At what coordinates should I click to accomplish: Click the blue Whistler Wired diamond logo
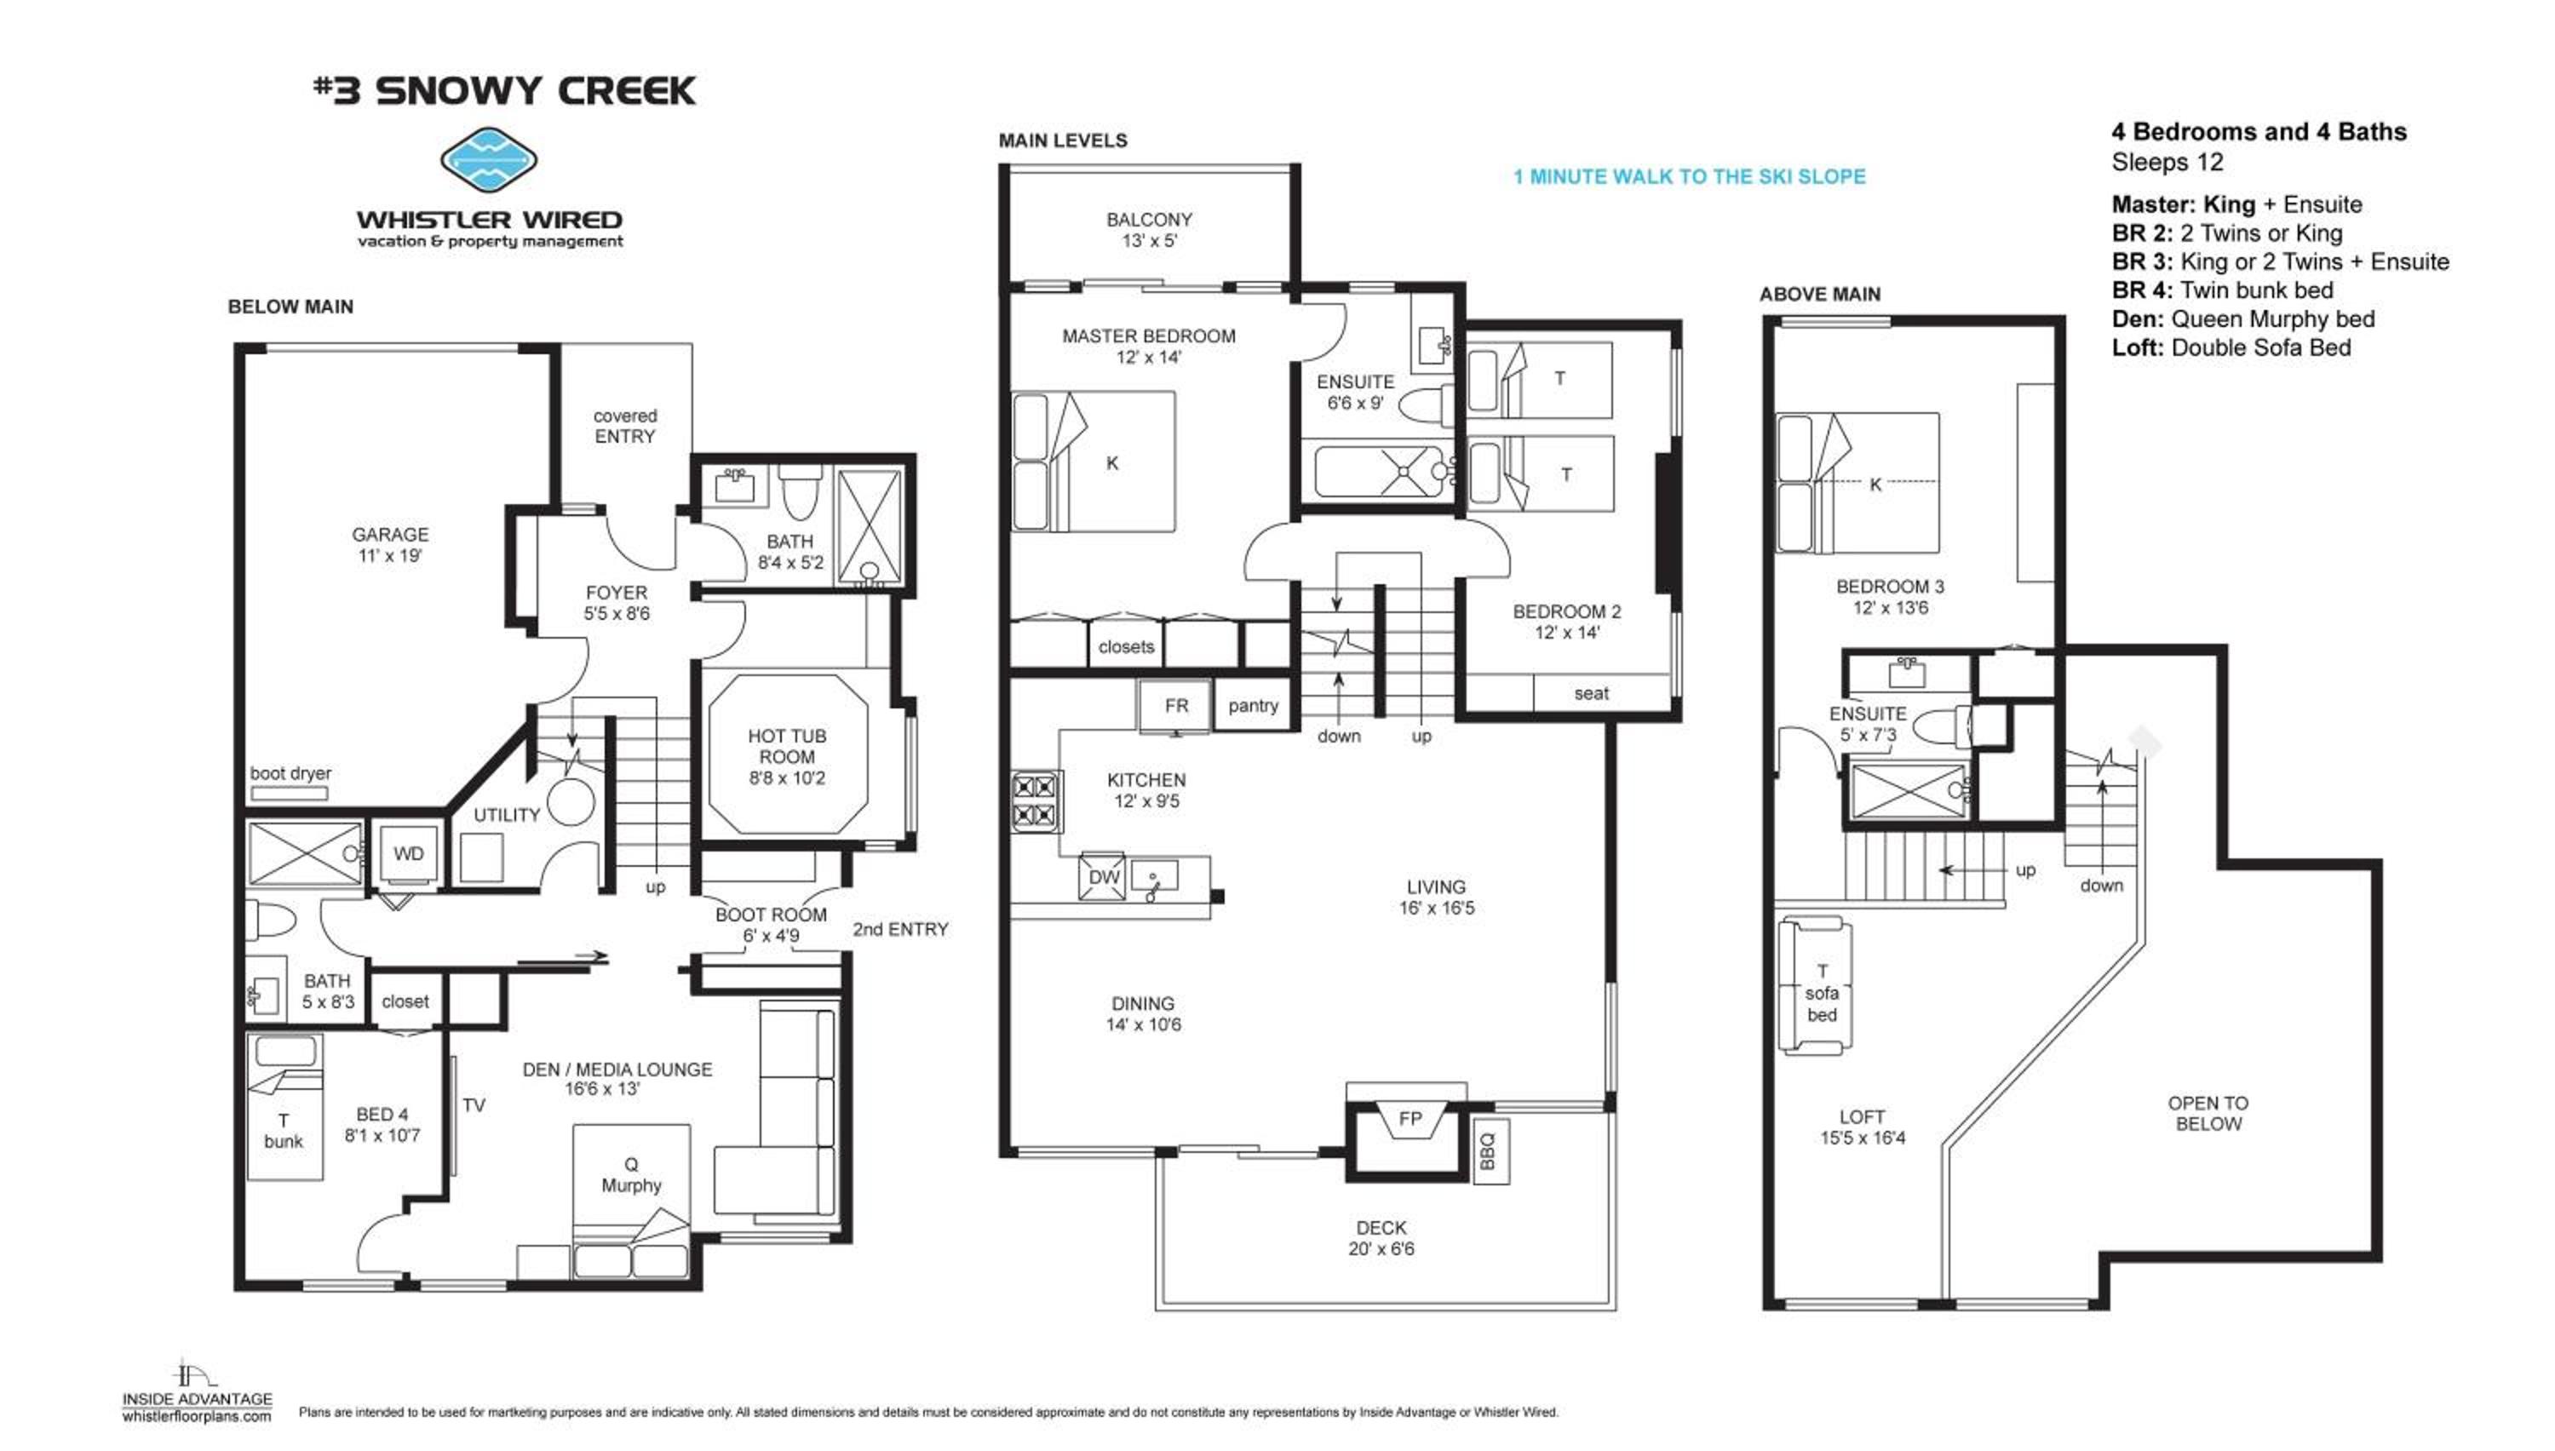488,160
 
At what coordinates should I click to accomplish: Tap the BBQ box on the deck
1490,1151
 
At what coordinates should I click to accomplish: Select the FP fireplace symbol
1409,1119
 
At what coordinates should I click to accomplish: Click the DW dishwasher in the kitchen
1102,877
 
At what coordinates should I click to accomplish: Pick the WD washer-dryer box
408,854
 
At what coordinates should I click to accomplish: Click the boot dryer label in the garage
290,772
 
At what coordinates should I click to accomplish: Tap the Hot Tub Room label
786,756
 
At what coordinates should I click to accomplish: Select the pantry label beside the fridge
1253,706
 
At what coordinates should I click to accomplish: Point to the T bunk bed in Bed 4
284,1106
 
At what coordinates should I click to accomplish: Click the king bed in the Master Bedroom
1094,461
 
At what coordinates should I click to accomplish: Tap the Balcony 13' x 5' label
1149,229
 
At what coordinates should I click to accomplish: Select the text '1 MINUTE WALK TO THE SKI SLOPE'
1689,176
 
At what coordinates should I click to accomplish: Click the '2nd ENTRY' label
900,929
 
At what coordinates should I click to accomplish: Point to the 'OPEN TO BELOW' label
2208,1113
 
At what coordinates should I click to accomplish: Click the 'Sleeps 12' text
2167,162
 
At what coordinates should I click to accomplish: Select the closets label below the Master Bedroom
1126,647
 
